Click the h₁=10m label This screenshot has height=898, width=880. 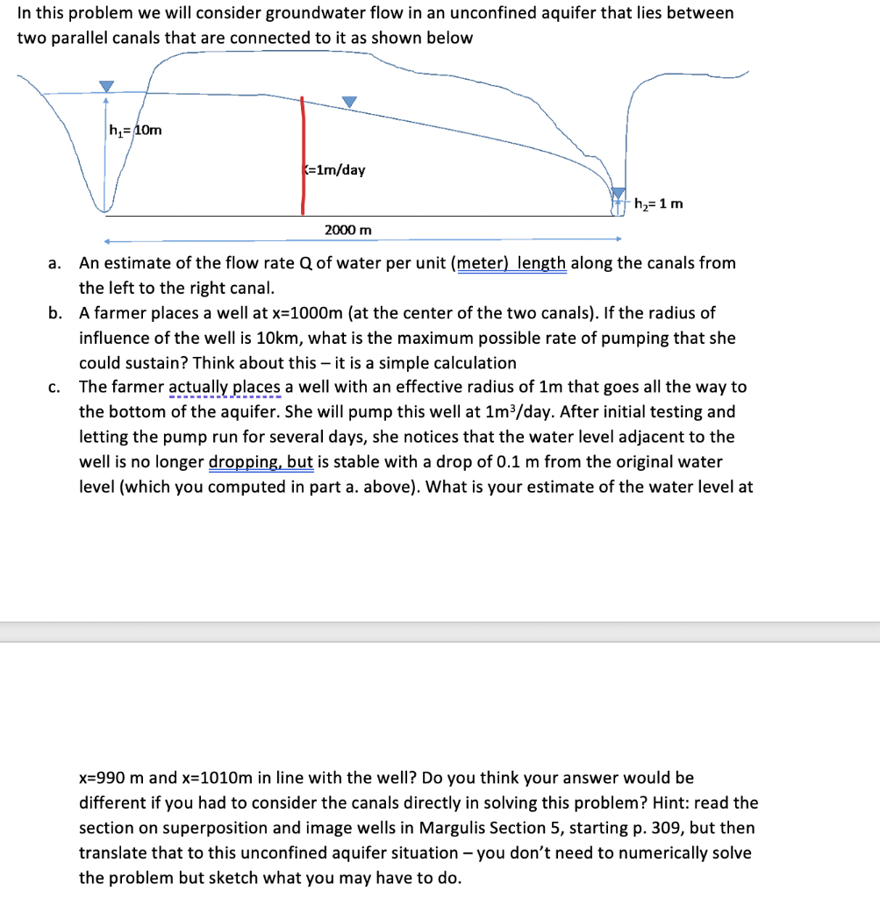pos(135,131)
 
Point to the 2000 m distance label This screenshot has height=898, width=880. pos(347,230)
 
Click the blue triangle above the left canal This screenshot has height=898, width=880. pos(106,86)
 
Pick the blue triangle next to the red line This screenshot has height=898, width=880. pos(349,103)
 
